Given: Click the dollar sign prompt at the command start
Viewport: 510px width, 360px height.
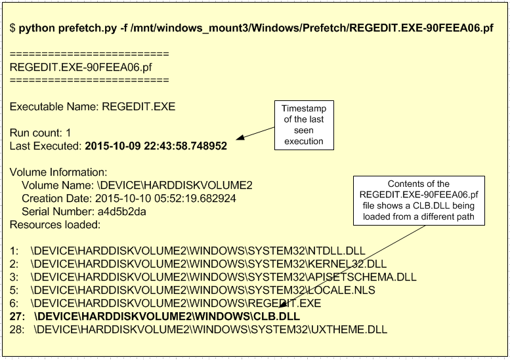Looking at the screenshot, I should coord(12,28).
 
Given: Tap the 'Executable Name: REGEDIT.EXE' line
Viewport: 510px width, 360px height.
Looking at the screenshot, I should coord(93,106).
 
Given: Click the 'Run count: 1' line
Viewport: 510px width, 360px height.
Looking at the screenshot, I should coord(40,132).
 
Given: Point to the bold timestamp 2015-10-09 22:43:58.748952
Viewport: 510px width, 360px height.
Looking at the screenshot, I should coord(156,146).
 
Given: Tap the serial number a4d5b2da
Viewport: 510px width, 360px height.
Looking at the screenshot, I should coord(121,211).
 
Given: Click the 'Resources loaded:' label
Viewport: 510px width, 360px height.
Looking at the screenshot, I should coord(54,224).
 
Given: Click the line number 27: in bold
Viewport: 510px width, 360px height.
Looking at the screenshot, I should coord(18,316).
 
